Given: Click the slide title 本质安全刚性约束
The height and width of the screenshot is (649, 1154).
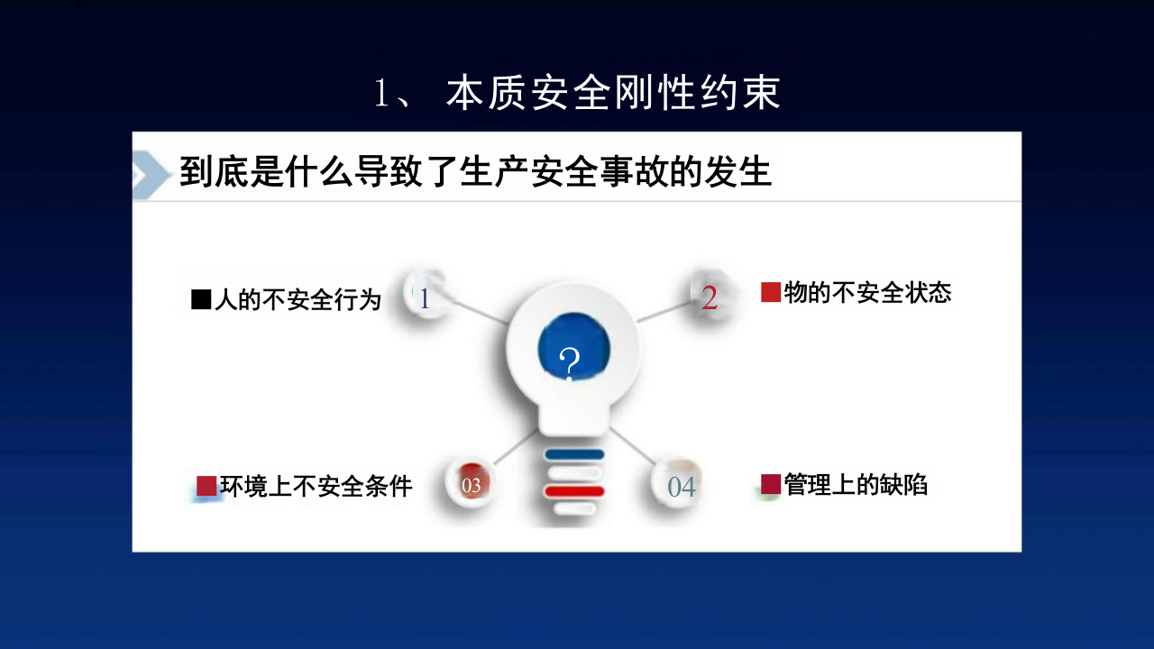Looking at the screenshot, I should tap(613, 94).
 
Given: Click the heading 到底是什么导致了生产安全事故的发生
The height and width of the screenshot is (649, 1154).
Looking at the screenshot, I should tap(475, 171).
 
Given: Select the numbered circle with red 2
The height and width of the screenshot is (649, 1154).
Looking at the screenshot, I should tap(710, 297).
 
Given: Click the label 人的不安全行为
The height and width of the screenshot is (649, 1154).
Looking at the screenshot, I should tap(298, 300).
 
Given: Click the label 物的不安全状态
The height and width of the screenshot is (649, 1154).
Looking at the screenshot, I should tap(867, 292).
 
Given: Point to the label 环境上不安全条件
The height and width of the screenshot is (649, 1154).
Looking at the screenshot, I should tap(316, 486).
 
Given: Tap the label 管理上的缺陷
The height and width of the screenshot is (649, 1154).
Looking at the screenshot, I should tap(856, 484).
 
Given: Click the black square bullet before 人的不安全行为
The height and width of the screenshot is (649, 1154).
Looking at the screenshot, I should tap(200, 300).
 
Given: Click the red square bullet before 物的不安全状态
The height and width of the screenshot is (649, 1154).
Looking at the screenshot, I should tap(770, 292).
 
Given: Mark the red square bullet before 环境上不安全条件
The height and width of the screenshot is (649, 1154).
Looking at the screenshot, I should tap(206, 486).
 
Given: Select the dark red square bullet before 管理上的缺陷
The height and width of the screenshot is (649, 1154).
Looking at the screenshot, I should tap(770, 484).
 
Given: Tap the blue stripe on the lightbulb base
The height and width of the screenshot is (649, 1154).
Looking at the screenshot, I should tap(574, 454).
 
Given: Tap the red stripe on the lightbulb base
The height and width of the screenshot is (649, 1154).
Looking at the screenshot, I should tap(574, 490).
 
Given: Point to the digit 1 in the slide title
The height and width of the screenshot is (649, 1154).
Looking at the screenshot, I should tap(381, 95).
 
